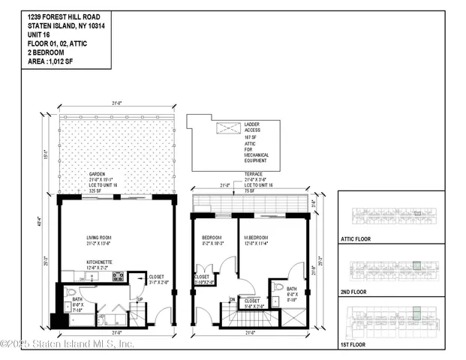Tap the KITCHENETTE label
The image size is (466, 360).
coord(92,264)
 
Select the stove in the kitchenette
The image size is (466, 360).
coord(117,276)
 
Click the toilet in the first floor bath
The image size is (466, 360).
coord(71,292)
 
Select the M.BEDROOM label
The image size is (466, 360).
coord(257,239)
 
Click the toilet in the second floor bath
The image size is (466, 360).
coord(278,286)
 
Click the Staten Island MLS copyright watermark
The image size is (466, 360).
coord(67,344)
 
